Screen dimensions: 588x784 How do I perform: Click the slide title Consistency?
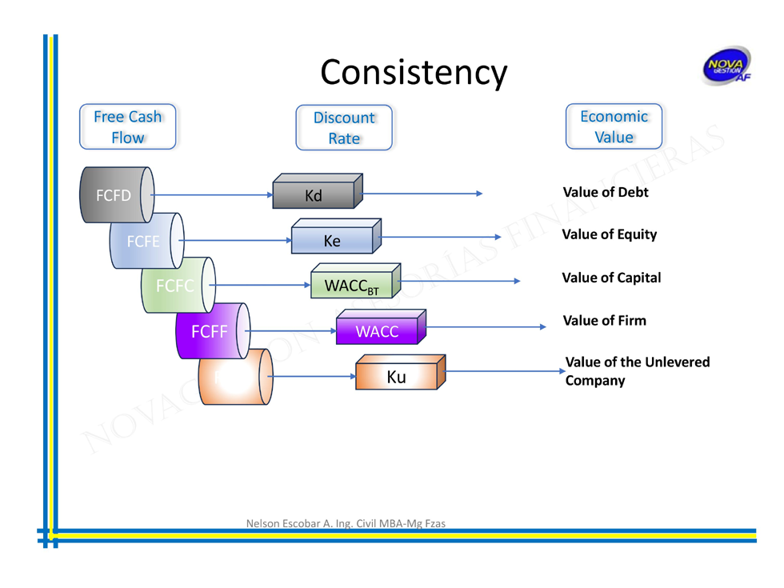pos(414,72)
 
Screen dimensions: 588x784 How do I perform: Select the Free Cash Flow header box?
pos(127,126)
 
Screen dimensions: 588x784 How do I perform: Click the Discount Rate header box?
pos(344,128)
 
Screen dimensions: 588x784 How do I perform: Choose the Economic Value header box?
pos(614,126)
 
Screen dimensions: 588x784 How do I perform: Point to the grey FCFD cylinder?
pos(117,195)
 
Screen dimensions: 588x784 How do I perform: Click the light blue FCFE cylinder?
pos(145,241)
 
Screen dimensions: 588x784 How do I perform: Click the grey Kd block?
pos(314,195)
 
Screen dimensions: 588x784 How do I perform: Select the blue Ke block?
pos(332,241)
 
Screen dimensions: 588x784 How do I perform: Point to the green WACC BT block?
pos(351,286)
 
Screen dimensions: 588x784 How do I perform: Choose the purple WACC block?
pos(377,331)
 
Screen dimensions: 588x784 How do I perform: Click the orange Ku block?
pos(396,377)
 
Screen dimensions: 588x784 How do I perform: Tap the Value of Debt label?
pos(606,193)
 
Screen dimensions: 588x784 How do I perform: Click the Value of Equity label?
pos(609,234)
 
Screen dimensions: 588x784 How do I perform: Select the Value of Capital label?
pos(611,278)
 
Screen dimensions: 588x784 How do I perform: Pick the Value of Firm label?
pos(604,321)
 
